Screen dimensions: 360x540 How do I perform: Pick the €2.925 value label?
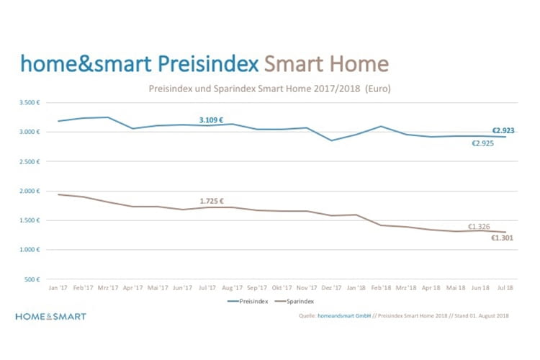pos(483,144)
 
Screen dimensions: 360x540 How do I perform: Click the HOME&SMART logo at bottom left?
pos(50,316)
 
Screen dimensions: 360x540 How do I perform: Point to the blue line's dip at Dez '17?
pos(331,140)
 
